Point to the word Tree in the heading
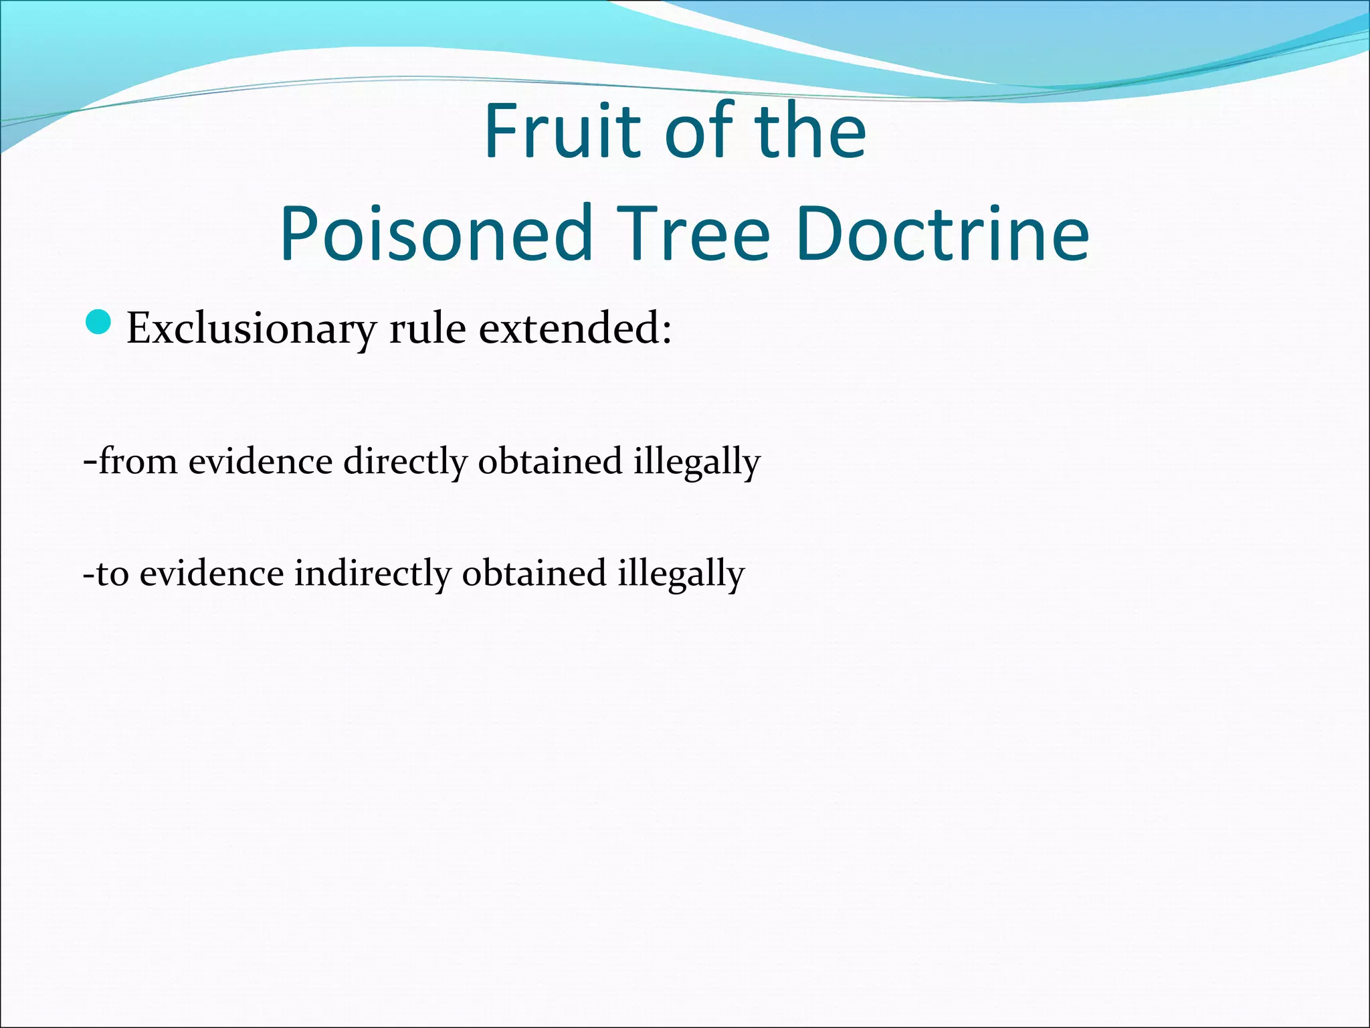(x=693, y=234)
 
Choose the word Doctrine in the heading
(x=943, y=234)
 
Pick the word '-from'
(x=130, y=461)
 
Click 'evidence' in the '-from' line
(x=260, y=461)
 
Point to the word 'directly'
(x=405, y=462)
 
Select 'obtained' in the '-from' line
(x=550, y=461)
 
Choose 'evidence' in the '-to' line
(x=211, y=574)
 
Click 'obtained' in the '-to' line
(x=534, y=574)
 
